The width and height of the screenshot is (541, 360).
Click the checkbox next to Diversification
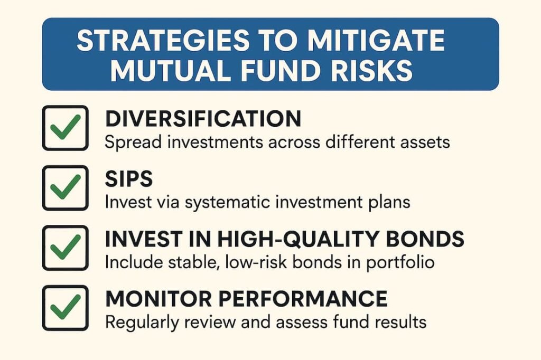point(65,127)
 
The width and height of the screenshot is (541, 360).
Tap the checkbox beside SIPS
point(65,187)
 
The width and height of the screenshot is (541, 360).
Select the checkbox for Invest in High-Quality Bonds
point(65,248)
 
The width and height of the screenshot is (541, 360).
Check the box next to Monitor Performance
point(65,308)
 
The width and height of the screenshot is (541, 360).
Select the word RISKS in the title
point(376,70)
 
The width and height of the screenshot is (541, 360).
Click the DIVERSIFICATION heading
point(203,119)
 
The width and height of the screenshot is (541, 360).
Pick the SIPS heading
point(129,179)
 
